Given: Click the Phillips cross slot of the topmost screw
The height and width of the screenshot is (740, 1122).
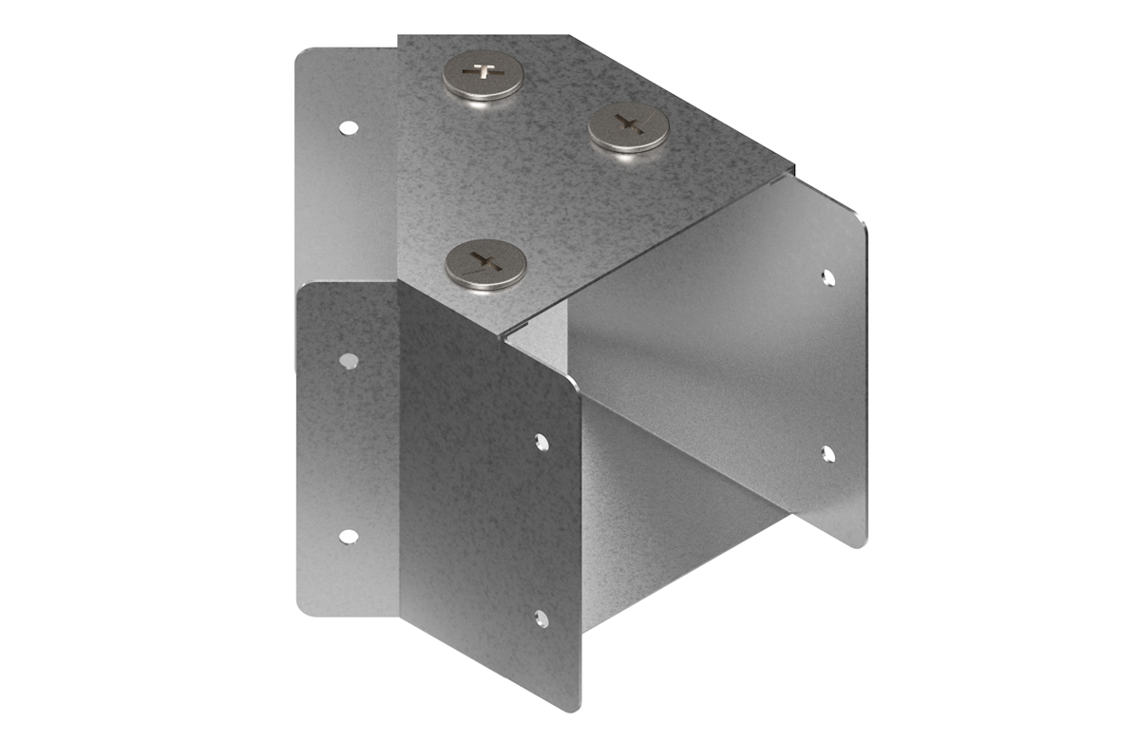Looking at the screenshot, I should tap(483, 72).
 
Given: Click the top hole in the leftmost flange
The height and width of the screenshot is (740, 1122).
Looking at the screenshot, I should tap(349, 126).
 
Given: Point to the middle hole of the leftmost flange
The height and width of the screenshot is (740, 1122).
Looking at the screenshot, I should tap(349, 360).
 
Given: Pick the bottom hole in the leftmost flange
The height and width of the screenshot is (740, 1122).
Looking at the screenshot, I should tap(349, 537).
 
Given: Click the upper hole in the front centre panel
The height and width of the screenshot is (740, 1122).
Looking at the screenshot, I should tap(541, 442).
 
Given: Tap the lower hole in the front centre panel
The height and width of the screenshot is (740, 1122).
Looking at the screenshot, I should tap(541, 619).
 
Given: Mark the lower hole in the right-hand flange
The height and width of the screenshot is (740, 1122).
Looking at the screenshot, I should tap(827, 454).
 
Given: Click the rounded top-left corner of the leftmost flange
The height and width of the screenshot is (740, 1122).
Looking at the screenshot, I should tap(302, 57).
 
